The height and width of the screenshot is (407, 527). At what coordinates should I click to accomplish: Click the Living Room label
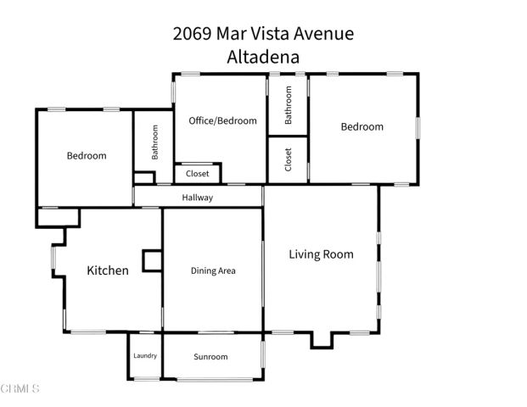point(321,254)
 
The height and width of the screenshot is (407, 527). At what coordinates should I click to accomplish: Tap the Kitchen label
point(108,271)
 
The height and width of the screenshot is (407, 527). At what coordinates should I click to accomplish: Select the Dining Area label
point(213,271)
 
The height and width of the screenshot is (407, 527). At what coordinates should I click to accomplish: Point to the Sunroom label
point(210,357)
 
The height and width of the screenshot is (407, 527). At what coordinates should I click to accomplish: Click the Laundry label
point(145,355)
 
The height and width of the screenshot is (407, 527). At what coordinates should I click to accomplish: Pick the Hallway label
point(198,198)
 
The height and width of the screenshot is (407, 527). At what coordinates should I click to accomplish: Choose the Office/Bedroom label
point(222,121)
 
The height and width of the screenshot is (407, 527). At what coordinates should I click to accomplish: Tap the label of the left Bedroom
point(87,156)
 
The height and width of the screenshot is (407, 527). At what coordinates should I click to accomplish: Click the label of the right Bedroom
point(362,127)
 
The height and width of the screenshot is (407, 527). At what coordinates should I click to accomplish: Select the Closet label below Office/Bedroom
point(197,174)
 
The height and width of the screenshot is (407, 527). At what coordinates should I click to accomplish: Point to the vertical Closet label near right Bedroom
point(289,159)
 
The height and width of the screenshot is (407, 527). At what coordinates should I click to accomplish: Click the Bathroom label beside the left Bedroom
point(155,143)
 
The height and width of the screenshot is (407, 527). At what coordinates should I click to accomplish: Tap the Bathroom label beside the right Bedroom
point(289,105)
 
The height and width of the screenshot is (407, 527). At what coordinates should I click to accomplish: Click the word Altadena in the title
point(263,56)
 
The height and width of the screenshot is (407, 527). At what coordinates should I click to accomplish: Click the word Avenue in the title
point(323,34)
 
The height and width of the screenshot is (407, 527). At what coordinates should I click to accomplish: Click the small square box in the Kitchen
point(153,260)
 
